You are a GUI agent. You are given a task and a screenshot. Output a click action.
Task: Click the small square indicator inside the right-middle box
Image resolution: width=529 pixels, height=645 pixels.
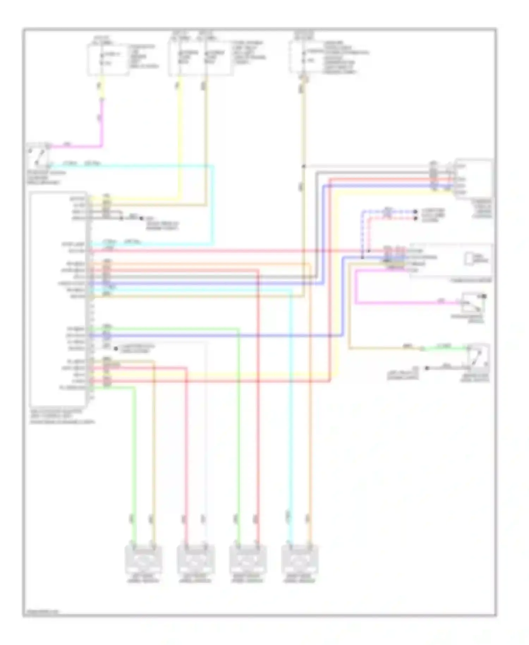pos(469,259)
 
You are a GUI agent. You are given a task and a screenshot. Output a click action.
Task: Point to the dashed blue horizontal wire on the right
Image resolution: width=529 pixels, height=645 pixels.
pos(388,212)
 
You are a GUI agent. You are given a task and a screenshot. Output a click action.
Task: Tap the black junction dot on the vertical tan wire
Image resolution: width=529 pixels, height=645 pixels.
pos(303,166)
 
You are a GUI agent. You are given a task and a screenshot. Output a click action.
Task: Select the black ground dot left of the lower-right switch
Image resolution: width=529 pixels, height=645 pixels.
pos(427,368)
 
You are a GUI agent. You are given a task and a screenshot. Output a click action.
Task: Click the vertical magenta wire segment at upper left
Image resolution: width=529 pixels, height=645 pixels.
pos(102,120)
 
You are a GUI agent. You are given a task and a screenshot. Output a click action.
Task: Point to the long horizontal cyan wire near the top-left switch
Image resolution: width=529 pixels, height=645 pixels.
pos(134,165)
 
